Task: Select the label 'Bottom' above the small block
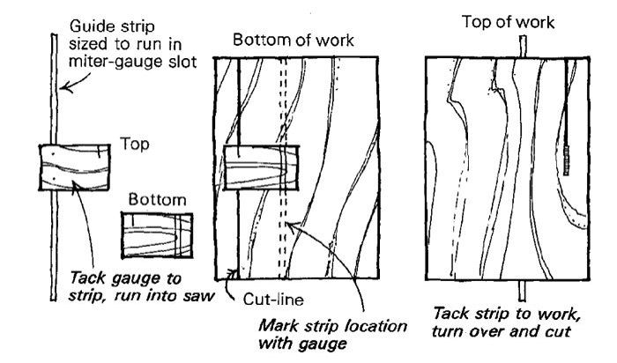157,200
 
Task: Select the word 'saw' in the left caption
197,295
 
